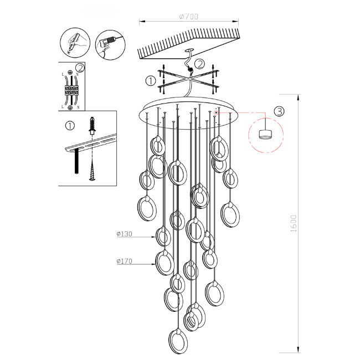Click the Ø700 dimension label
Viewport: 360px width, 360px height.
pos(189,16)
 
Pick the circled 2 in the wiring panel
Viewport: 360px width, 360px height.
pos(80,69)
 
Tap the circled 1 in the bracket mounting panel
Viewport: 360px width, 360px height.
pos(69,125)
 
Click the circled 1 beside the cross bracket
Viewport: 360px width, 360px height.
pos(150,81)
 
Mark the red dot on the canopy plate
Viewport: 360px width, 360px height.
pos(215,112)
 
